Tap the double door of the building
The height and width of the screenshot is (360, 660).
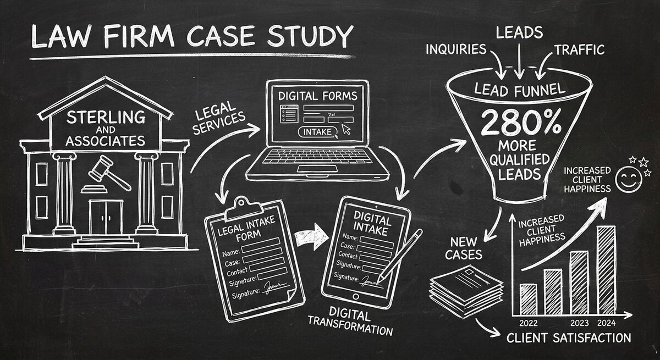[x=106, y=216]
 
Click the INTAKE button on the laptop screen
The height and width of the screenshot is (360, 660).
[x=317, y=132]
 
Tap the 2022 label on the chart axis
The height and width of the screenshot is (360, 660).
[x=528, y=322]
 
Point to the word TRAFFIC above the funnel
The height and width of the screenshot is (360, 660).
[x=579, y=50]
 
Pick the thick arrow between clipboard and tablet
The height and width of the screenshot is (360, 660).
[x=311, y=237]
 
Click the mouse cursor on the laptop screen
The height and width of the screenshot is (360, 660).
[x=346, y=129]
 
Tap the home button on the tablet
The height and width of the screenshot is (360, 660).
[x=355, y=297]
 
